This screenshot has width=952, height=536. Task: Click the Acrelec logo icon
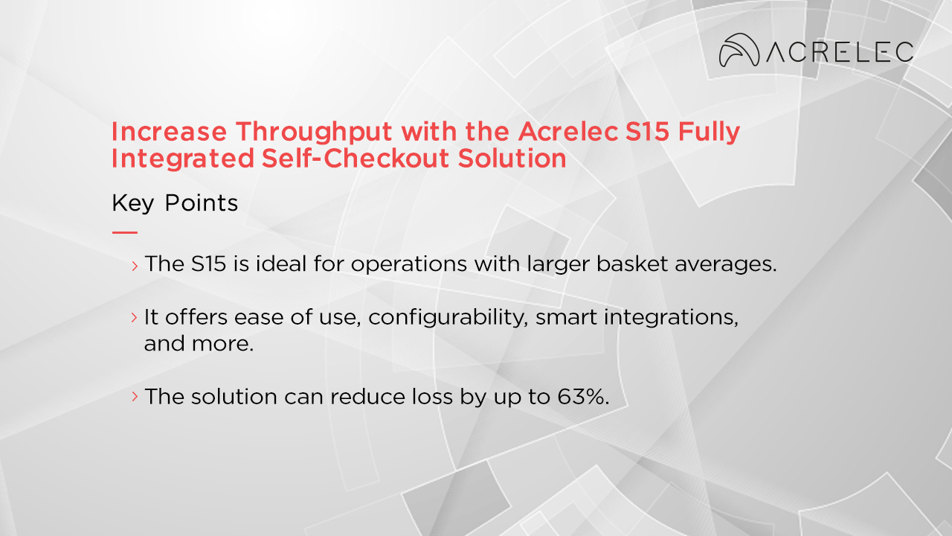(739, 50)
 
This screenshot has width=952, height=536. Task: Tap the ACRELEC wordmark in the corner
(840, 51)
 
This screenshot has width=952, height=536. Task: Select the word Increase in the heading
(169, 132)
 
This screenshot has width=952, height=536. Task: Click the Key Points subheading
(175, 203)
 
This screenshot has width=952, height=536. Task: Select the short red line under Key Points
(124, 232)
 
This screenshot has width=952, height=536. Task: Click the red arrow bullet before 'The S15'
(135, 265)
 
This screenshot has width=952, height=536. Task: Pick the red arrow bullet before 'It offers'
(135, 317)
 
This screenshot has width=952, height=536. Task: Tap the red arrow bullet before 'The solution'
(135, 396)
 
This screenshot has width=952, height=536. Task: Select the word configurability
(448, 316)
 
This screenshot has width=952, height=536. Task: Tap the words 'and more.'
(199, 345)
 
